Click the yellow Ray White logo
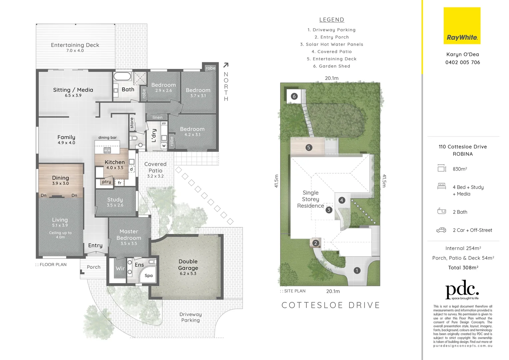tap(462, 26)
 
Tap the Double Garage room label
tap(188, 265)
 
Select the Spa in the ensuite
tap(149, 275)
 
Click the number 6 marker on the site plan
tap(294, 96)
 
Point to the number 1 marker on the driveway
tap(357, 270)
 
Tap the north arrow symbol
tap(226, 65)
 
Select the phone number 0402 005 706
tap(462, 62)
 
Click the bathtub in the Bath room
tap(122, 76)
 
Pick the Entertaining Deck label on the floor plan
tap(75, 45)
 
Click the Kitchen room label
tap(115, 162)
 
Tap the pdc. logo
tap(462, 291)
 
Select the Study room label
tap(115, 200)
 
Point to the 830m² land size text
tap(460, 169)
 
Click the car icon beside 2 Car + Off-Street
tap(441, 230)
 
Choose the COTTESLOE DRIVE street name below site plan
tap(331, 305)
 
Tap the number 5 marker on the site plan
tap(308, 147)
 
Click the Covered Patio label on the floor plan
tap(155, 167)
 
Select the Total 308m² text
tap(463, 268)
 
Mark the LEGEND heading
tap(331, 20)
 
